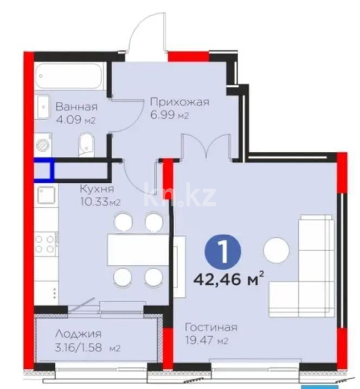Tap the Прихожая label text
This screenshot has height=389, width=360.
179,101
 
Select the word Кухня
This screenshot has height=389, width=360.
97,189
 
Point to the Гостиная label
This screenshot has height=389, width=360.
211,327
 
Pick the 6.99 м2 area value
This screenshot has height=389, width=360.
169,115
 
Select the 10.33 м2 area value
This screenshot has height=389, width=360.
100,202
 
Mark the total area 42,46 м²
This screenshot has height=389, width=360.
229,280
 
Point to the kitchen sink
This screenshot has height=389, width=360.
46,194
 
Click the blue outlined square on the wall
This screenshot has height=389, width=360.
44,170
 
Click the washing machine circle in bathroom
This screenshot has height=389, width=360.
42,145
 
